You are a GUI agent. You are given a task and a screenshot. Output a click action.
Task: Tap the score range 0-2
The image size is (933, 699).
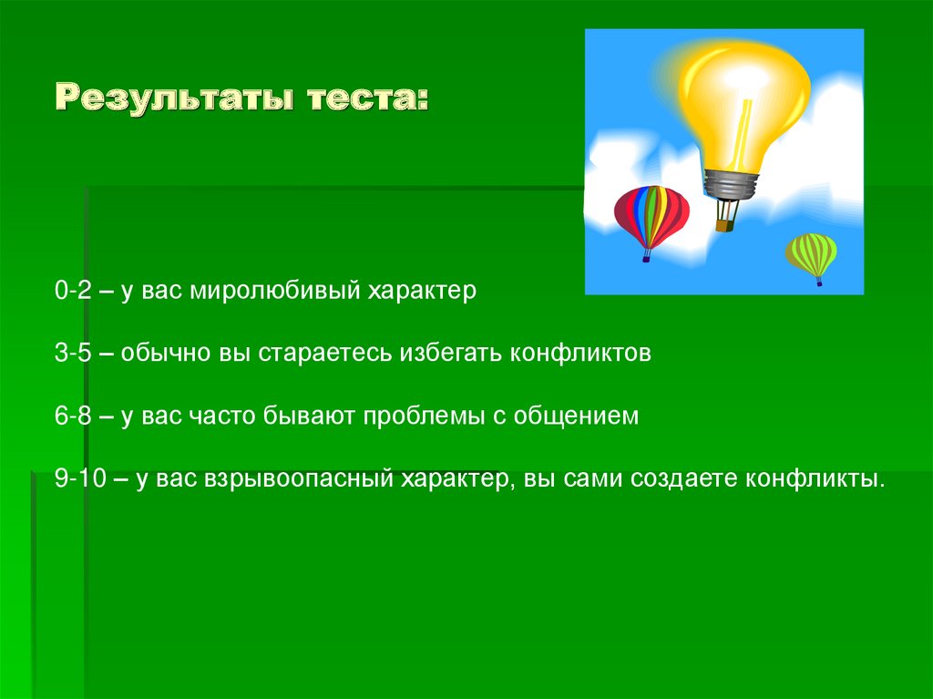coord(73,290)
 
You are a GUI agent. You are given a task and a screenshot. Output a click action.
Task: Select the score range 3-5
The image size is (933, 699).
coord(73,353)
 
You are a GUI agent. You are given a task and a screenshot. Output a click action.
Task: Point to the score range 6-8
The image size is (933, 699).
coord(73,415)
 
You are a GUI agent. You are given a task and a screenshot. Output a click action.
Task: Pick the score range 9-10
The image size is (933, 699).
coord(80,478)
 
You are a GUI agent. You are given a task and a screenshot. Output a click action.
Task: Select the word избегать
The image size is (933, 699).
coord(451,353)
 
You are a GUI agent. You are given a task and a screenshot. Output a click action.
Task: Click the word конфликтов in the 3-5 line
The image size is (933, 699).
coord(580,353)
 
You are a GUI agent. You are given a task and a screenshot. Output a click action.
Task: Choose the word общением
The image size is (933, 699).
coord(576,416)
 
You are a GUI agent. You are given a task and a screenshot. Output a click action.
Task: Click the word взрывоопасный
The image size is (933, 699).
coord(299,478)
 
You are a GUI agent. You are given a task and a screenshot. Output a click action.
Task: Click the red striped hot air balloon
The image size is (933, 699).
coord(651,217)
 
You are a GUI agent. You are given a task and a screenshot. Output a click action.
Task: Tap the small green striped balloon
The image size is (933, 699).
coord(811,254)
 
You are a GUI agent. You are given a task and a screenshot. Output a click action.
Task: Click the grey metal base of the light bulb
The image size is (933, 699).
coord(732,184)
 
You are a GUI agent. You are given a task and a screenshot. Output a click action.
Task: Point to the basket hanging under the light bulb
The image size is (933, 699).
coord(724,226)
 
